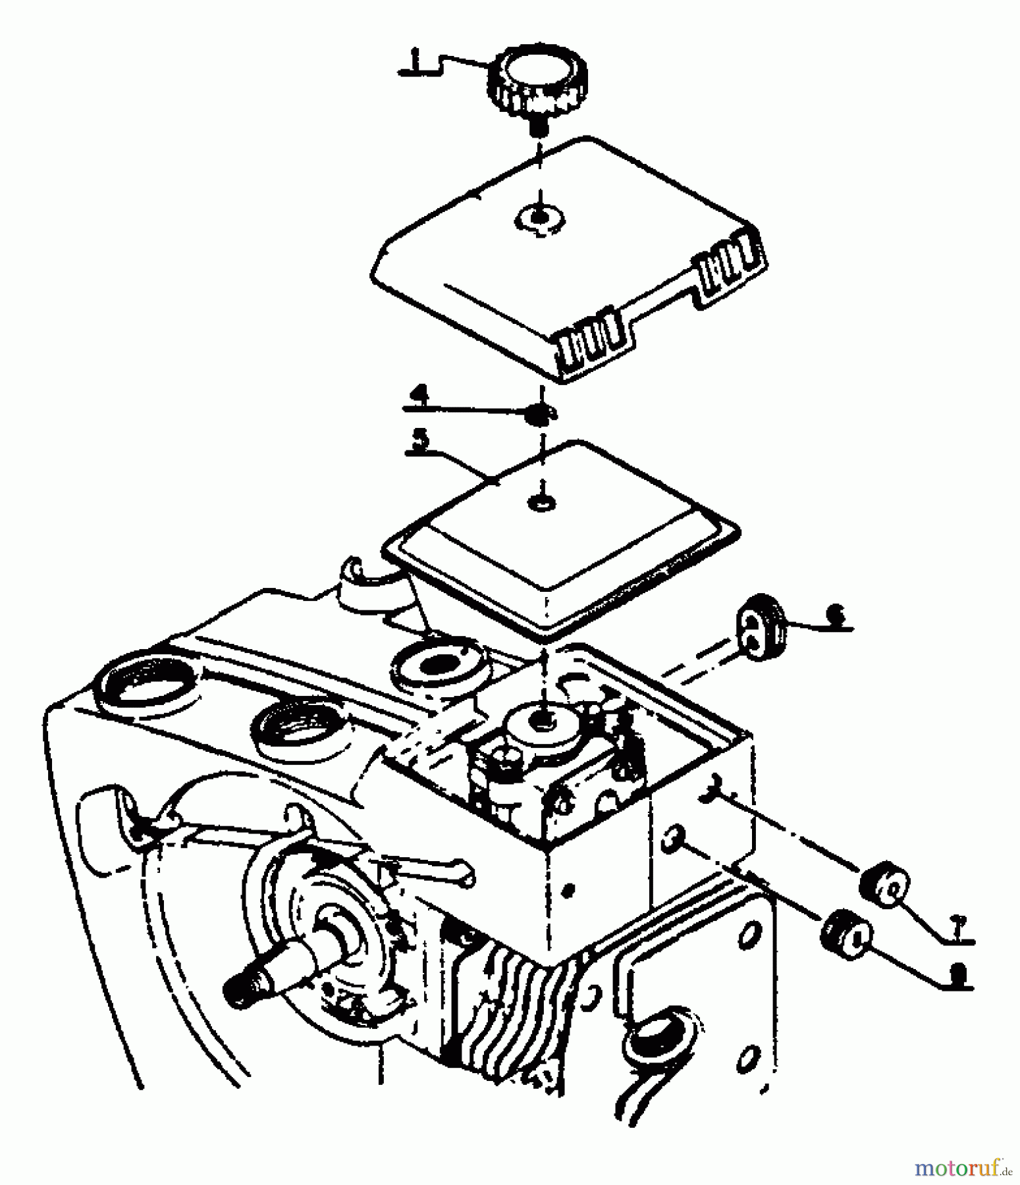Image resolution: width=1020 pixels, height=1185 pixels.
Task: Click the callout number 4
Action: coord(419,396)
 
